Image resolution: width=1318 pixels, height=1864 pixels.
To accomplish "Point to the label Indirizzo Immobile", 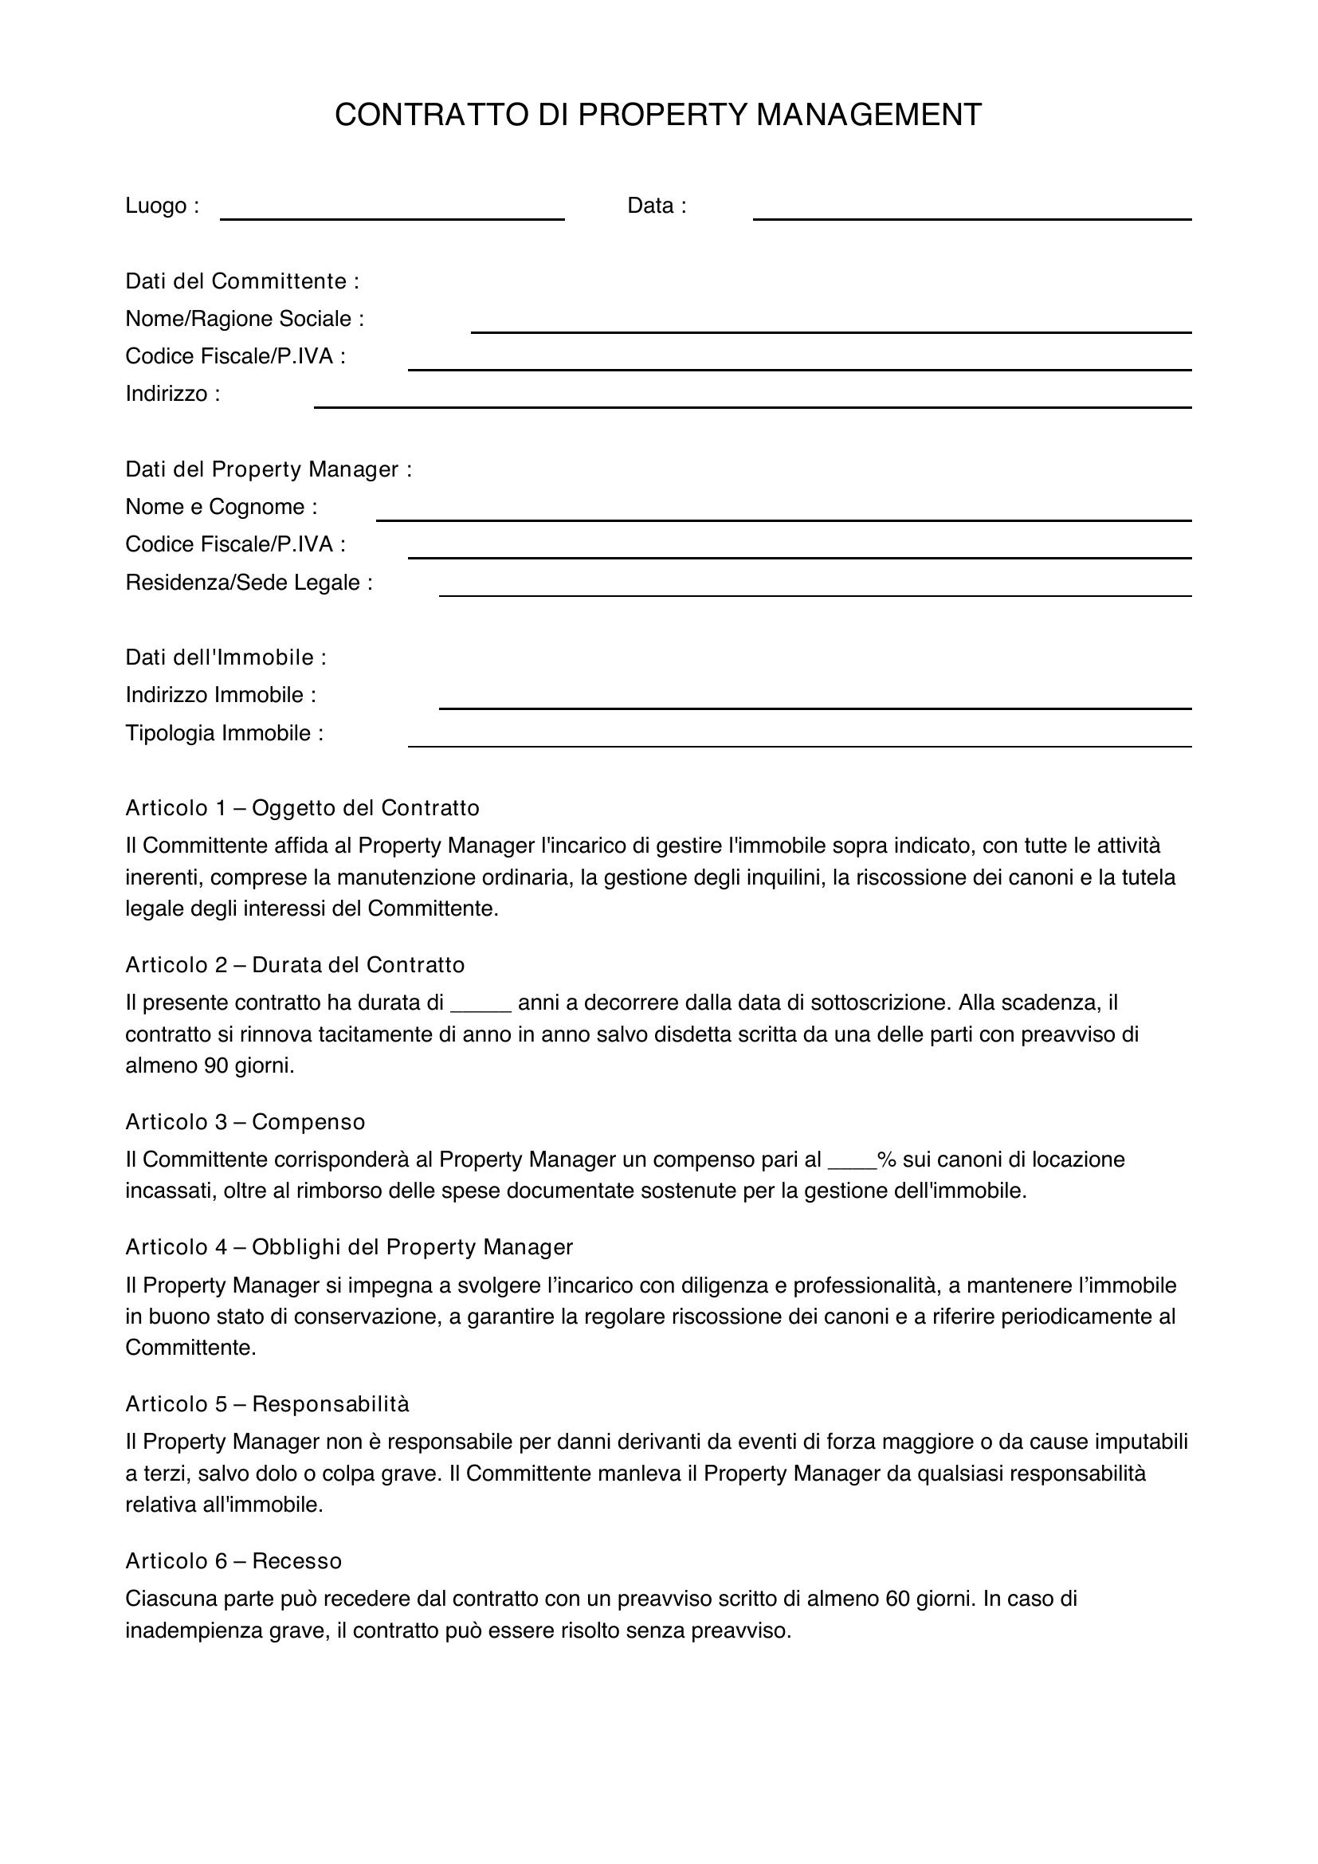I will [x=221, y=695].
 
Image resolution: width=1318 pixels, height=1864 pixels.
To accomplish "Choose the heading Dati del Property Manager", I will [x=269, y=469].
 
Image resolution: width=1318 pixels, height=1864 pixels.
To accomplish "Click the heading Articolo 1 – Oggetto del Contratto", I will [x=302, y=808].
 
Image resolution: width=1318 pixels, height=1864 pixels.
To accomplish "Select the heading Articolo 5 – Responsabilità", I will [x=267, y=1403].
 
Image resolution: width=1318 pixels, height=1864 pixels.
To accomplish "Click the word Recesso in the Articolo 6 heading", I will [x=297, y=1560].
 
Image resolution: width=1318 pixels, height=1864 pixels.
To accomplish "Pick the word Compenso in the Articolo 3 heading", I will [x=308, y=1122].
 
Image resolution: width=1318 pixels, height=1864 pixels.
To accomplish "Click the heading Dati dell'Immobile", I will [x=226, y=657].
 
